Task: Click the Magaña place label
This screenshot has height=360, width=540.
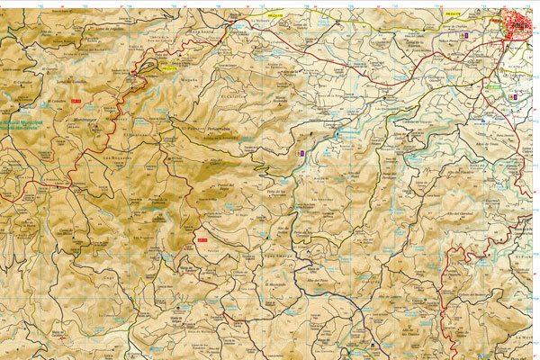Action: [190, 78]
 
